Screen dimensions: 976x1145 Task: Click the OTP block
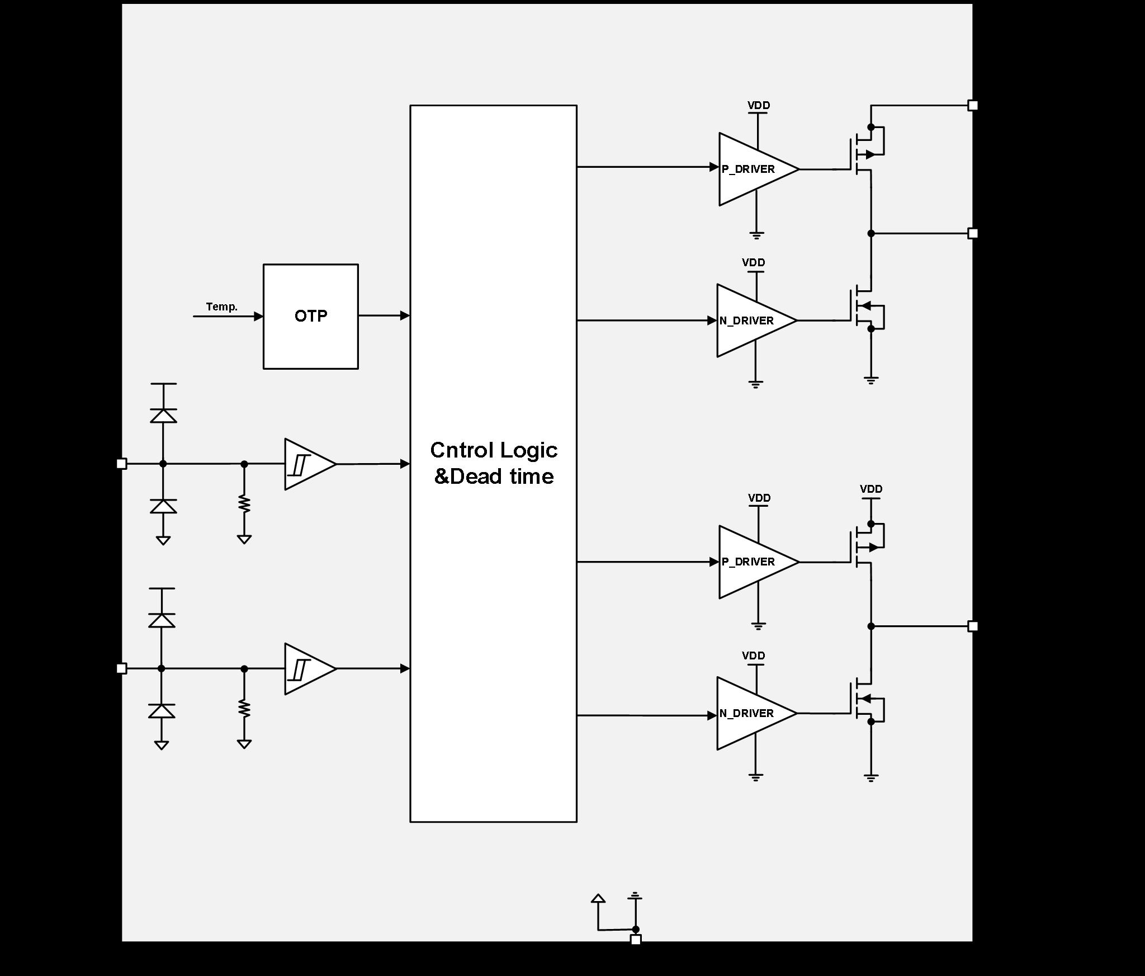[x=310, y=316]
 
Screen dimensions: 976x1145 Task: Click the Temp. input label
[x=221, y=307]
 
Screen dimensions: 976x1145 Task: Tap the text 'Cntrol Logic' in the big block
[x=494, y=450]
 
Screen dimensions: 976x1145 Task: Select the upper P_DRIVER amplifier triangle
[x=755, y=169]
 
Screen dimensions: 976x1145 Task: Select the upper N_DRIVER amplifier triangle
[x=753, y=320]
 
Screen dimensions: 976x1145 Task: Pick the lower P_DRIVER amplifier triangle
[x=755, y=562]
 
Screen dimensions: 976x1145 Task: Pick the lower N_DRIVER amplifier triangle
[x=753, y=713]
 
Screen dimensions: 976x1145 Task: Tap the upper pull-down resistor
[x=244, y=503]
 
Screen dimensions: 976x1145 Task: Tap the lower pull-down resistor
[x=244, y=708]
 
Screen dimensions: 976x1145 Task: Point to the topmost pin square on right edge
[x=973, y=105]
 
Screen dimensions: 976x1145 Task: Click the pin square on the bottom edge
[x=636, y=940]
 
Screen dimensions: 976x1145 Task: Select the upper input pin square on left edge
[x=121, y=464]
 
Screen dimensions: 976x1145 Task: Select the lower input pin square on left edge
[x=121, y=668]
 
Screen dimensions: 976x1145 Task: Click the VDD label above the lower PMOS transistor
[x=871, y=489]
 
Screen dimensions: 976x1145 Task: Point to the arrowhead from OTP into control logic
[x=405, y=315]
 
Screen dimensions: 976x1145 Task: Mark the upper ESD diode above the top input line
[x=163, y=416]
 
